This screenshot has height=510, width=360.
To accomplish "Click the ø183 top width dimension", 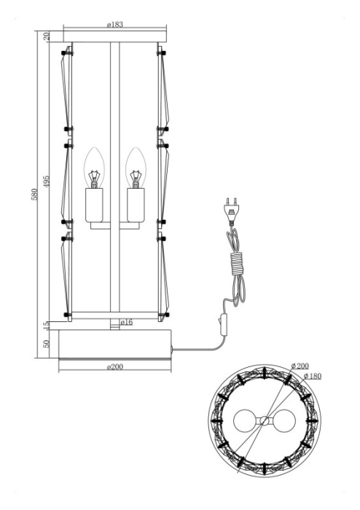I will click(x=114, y=24).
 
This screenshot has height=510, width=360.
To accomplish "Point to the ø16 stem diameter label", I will click(x=126, y=323).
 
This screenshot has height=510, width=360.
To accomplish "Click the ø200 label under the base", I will click(x=114, y=366).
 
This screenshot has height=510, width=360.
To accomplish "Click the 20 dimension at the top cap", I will click(x=47, y=36).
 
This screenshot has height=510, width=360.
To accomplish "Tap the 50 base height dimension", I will click(x=47, y=344).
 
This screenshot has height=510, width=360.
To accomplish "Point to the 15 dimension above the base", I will click(x=47, y=324).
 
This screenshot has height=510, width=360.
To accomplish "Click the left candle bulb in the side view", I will click(x=93, y=168).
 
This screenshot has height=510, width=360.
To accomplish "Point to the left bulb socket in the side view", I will click(x=93, y=205).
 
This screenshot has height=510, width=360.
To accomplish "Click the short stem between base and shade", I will click(x=114, y=324).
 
